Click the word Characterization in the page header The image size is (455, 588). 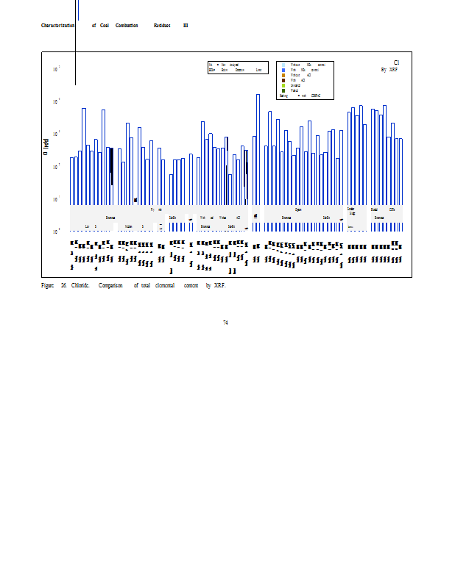click(x=58, y=26)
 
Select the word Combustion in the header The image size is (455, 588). click(x=127, y=26)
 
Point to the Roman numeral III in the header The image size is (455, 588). click(x=186, y=26)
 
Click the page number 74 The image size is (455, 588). click(x=225, y=322)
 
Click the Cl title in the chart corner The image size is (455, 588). click(x=396, y=63)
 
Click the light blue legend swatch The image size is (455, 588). click(x=283, y=65)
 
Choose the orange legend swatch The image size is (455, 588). click(x=283, y=75)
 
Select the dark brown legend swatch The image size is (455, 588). click(x=283, y=80)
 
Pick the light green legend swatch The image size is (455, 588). click(x=283, y=85)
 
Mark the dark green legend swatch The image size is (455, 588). click(x=283, y=90)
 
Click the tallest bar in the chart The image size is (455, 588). click(x=258, y=147)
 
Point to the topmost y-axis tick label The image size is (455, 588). click(x=56, y=69)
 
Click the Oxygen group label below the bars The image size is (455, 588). click(x=298, y=209)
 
